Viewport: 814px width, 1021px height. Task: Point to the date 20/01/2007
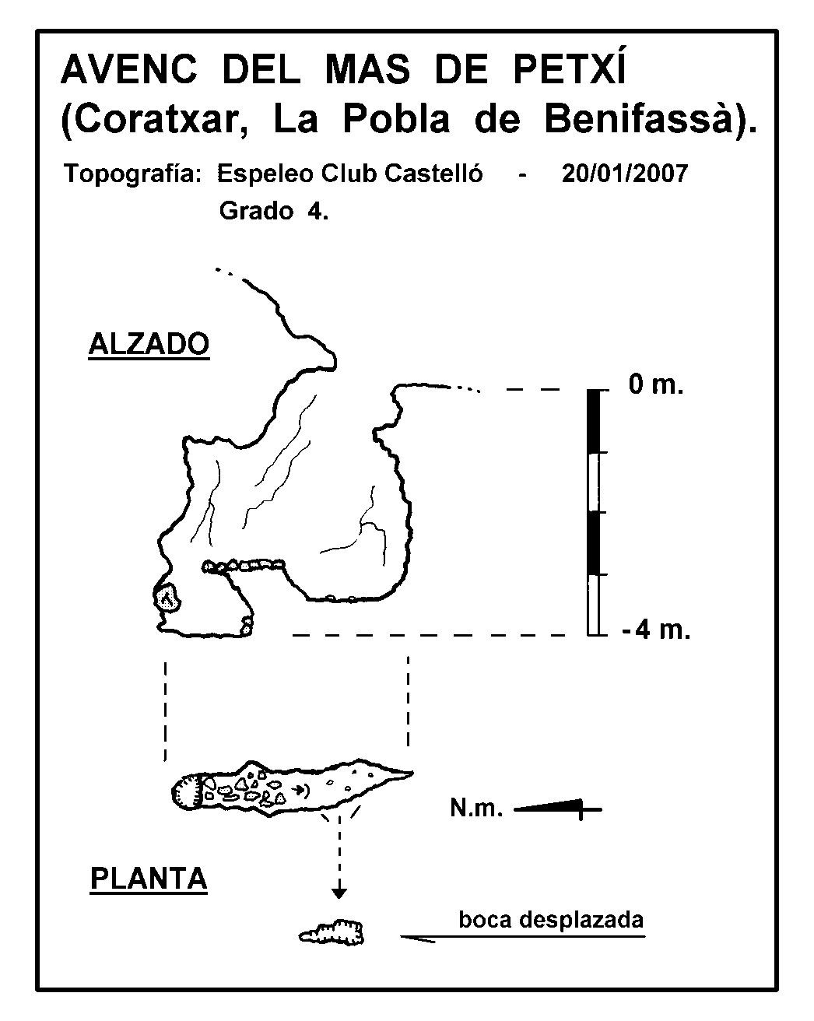(625, 174)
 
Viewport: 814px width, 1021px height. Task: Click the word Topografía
(133, 174)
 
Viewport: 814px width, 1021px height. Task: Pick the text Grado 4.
(274, 211)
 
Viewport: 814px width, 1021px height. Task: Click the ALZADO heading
(149, 344)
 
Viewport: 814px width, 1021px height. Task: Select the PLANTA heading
(149, 879)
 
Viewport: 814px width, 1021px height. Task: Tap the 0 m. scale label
(656, 384)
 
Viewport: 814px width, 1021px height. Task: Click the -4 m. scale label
(656, 630)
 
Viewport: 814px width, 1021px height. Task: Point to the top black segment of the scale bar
(593, 421)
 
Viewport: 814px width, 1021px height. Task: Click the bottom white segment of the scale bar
(593, 605)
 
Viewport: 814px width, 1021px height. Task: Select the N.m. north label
(476, 808)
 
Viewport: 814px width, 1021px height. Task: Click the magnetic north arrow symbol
(558, 808)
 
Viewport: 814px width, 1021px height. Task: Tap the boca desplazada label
(551, 920)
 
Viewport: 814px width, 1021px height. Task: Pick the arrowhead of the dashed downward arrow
(339, 893)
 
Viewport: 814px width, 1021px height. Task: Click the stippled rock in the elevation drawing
(167, 598)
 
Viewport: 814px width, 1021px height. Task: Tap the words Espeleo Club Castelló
(350, 174)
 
